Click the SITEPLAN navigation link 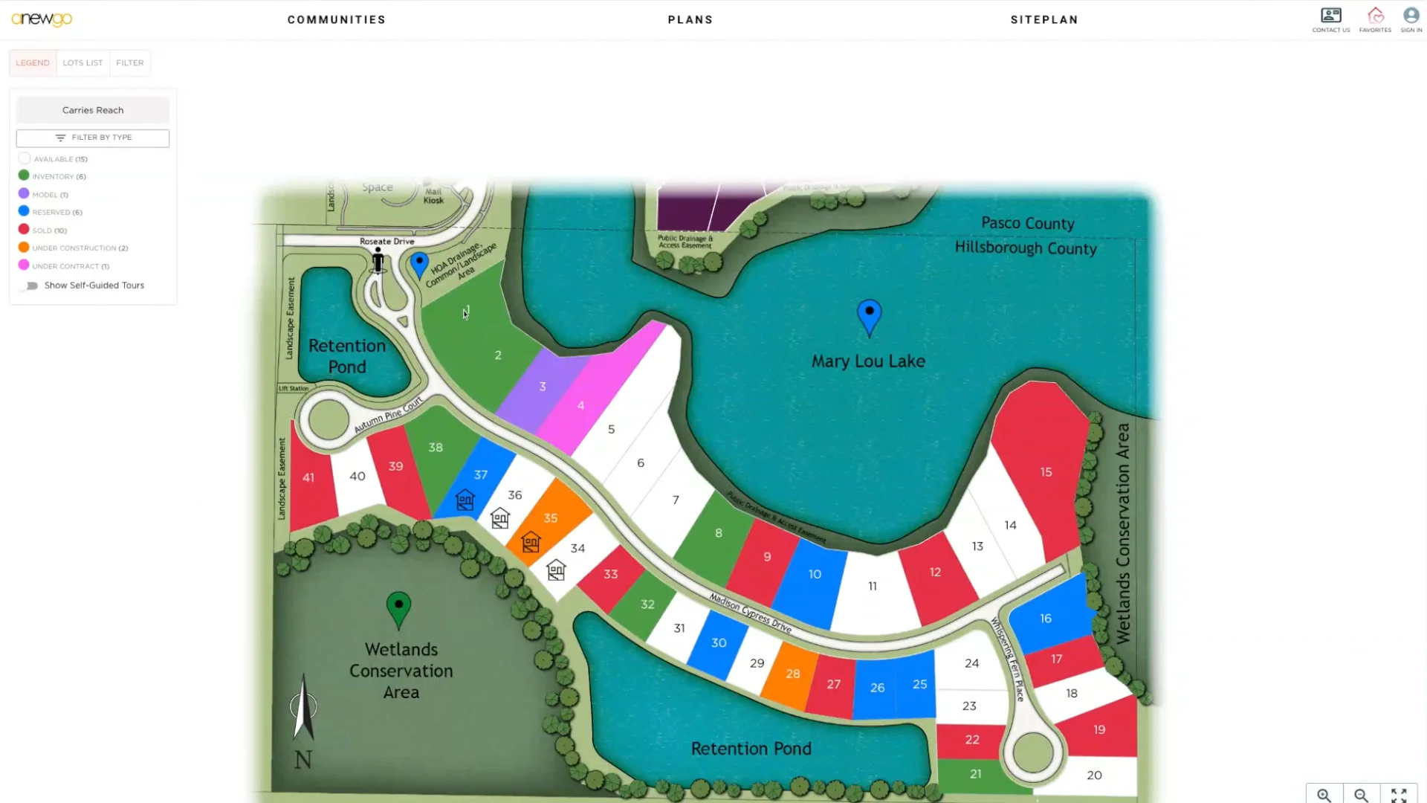[1043, 20]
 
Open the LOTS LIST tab [82, 63]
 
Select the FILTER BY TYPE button [93, 138]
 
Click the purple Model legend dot [24, 194]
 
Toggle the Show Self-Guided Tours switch [30, 286]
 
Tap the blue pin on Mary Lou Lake [869, 315]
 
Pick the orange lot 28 [793, 674]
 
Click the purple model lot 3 [543, 387]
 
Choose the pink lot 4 [580, 406]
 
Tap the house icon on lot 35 [531, 543]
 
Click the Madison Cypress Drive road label [750, 613]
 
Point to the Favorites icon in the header [1375, 16]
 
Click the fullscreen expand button [1398, 795]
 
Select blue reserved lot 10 [815, 575]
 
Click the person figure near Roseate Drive [378, 261]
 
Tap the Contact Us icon [1330, 16]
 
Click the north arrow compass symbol [303, 709]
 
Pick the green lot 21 [975, 774]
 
